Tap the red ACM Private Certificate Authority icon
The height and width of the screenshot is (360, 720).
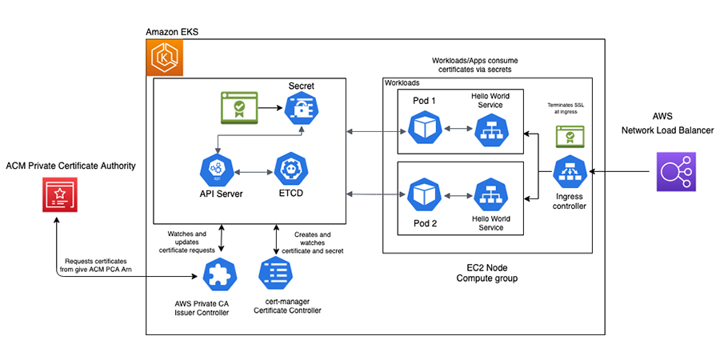58,196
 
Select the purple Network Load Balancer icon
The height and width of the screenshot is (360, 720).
673,172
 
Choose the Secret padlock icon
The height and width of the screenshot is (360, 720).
299,108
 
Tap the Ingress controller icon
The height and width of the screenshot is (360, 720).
570,171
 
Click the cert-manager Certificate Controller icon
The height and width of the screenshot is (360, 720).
275,275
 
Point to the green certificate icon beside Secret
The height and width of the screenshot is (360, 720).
238,106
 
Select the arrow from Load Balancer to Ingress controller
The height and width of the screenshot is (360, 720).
620,171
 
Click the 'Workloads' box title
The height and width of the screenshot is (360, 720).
402,83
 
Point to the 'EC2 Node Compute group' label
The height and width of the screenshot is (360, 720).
487,273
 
